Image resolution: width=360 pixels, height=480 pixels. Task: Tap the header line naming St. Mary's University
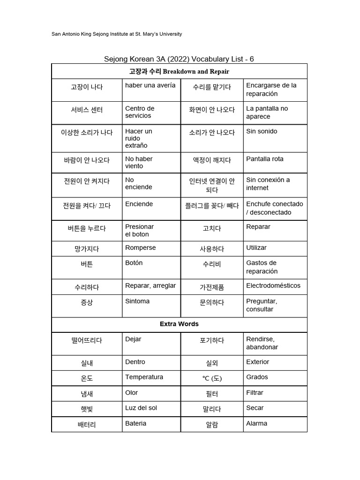(x=116, y=34)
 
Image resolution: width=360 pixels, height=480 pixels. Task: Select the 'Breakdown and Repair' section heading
(x=179, y=71)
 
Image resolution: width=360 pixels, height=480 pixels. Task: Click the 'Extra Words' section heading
(x=179, y=324)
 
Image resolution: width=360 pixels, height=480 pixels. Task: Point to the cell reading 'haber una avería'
(x=150, y=85)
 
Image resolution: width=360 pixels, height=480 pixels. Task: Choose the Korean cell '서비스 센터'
(x=87, y=110)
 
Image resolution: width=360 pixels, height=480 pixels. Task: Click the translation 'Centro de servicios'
(x=140, y=112)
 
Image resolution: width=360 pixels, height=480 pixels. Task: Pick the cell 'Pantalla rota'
(x=265, y=159)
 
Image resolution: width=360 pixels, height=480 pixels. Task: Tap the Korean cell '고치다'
(x=212, y=228)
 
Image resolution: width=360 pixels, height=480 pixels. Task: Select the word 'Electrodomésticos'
(x=273, y=285)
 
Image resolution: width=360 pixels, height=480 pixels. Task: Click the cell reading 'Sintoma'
(x=137, y=301)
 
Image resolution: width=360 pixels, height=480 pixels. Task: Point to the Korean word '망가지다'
(x=87, y=249)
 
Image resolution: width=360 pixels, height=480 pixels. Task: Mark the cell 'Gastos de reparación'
(x=262, y=267)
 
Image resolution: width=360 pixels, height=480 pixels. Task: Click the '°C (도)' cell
(x=212, y=378)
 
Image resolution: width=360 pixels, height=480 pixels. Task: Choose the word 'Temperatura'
(x=144, y=377)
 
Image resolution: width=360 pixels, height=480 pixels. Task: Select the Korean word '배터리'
(x=87, y=425)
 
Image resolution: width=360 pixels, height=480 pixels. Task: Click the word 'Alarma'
(x=256, y=423)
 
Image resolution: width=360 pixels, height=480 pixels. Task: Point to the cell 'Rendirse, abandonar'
(x=262, y=343)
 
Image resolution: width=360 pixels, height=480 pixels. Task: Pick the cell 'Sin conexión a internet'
(x=268, y=184)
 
